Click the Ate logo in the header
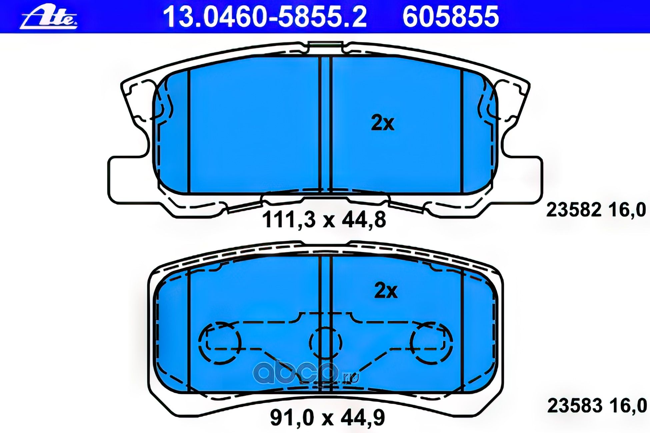click(x=49, y=17)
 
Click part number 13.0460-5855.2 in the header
click(x=265, y=17)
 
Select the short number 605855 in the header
click(x=451, y=17)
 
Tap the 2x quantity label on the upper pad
click(x=383, y=123)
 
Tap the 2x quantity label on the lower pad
click(x=386, y=290)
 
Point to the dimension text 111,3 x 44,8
click(x=324, y=220)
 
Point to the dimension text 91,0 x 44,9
click(x=327, y=418)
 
